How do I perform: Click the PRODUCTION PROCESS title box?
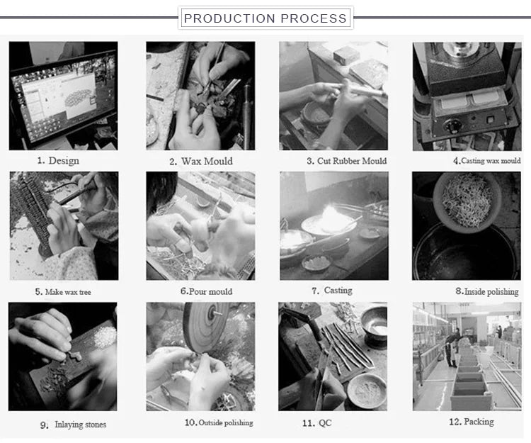(265, 18)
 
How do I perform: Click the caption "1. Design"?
(58, 161)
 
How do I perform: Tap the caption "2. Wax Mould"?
(201, 162)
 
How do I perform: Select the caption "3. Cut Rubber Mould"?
(347, 161)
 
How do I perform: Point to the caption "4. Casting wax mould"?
(487, 161)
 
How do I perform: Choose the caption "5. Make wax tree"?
(63, 292)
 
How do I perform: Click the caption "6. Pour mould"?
(206, 291)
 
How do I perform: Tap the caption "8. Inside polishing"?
(487, 291)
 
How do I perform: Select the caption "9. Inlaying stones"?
(73, 425)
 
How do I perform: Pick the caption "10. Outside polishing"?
(219, 422)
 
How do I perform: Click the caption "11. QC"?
(317, 423)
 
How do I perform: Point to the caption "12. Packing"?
(472, 422)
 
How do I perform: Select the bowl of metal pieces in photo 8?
(467, 202)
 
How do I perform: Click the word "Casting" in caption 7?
(338, 291)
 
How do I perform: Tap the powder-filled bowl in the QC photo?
(367, 390)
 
